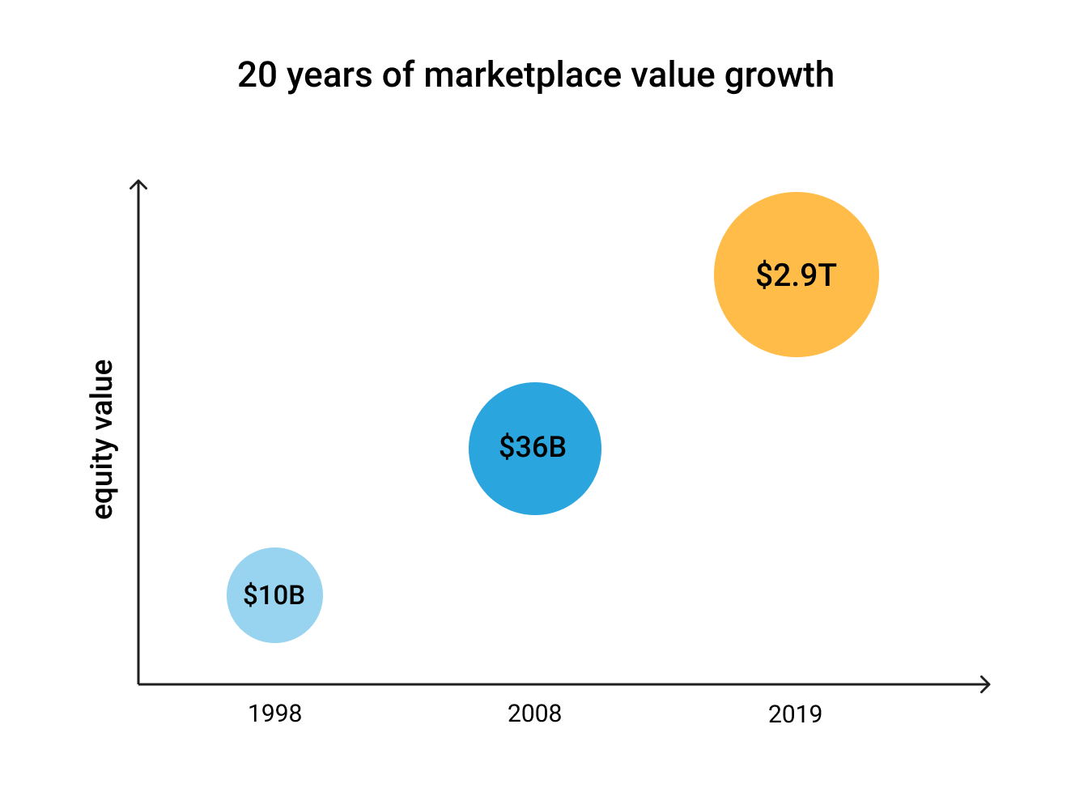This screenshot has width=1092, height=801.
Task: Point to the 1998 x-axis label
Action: (274, 714)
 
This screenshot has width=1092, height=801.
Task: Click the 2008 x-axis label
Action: (534, 714)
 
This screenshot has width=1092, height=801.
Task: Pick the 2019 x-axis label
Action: (795, 714)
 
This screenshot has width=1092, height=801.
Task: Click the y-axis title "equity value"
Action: (103, 439)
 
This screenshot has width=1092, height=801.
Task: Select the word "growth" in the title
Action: (779, 75)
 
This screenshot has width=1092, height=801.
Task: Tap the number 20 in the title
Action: (257, 75)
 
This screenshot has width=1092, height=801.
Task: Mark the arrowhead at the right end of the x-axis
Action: (987, 684)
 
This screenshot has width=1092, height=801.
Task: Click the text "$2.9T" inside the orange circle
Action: (795, 275)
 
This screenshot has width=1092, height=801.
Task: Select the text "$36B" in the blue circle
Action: (533, 447)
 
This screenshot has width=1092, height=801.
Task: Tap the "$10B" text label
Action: (274, 595)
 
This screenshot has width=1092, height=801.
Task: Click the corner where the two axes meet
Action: (139, 684)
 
